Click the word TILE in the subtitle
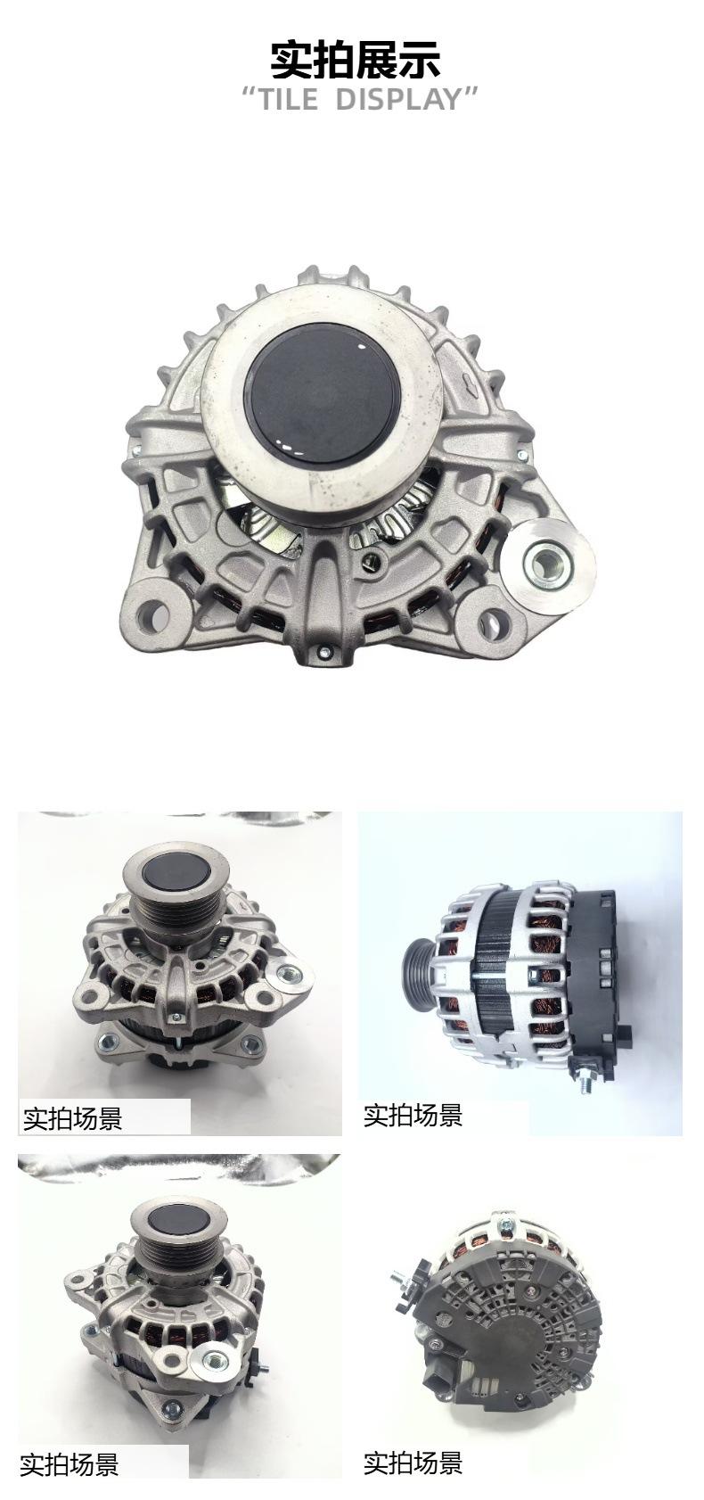tap(289, 99)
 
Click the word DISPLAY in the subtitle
tap(399, 99)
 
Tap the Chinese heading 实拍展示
tap(355, 58)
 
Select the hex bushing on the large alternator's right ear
tap(549, 557)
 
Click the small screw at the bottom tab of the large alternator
tap(323, 649)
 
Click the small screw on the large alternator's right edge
tap(522, 455)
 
